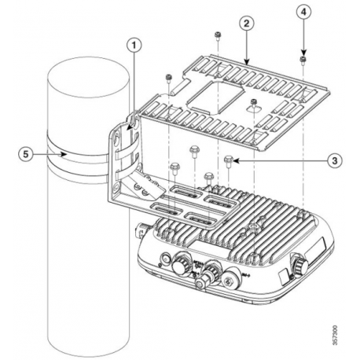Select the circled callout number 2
click(x=247, y=25)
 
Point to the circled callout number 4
click(x=304, y=13)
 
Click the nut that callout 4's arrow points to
click(x=303, y=58)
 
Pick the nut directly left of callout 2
click(x=215, y=35)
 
